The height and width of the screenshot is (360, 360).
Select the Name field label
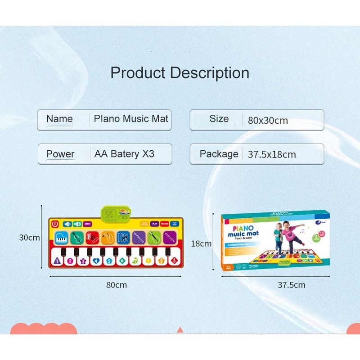tap(59, 119)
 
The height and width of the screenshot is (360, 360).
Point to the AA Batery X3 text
tap(124, 154)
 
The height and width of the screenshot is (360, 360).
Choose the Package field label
tap(219, 154)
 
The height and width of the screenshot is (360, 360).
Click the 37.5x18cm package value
tap(272, 155)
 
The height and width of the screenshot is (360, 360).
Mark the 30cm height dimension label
tap(30, 238)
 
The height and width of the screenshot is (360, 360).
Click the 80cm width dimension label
tap(117, 285)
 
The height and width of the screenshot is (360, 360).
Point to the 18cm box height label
tap(201, 243)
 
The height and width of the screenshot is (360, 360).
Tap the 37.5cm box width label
tap(291, 285)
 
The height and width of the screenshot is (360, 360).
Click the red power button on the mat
tap(55, 224)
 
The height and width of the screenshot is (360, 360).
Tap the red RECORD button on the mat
tap(165, 223)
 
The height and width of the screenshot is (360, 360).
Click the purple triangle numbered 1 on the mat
tap(57, 260)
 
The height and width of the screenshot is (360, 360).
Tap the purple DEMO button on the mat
tap(87, 224)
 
